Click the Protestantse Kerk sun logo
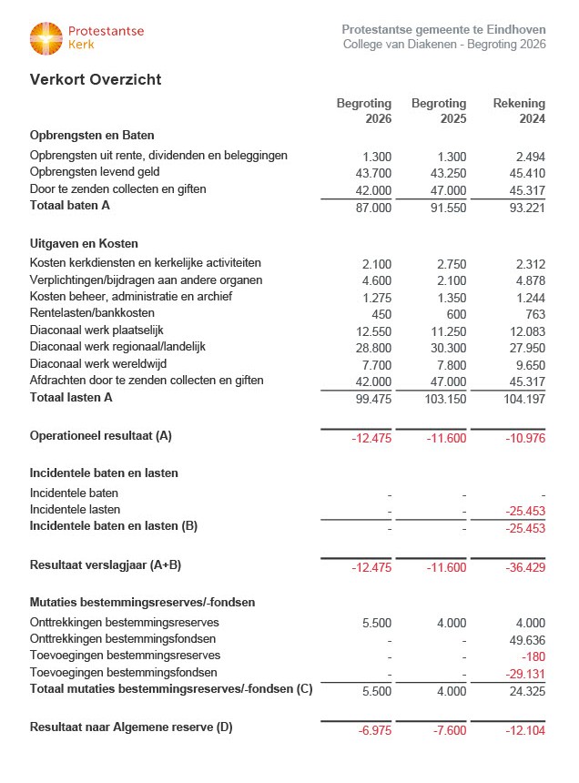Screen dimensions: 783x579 pyautogui.click(x=46, y=38)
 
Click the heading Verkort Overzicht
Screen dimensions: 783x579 pyautogui.click(x=96, y=80)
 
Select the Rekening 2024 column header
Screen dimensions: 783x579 pyautogui.click(x=519, y=111)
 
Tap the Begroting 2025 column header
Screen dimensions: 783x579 pyautogui.click(x=439, y=111)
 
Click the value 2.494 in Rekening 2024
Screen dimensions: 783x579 pyautogui.click(x=528, y=157)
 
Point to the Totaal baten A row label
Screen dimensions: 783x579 pyautogui.click(x=70, y=206)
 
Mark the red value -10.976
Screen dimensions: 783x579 pyautogui.click(x=524, y=438)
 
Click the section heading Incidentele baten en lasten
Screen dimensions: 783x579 pyautogui.click(x=104, y=473)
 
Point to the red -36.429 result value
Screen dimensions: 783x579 pyautogui.click(x=524, y=567)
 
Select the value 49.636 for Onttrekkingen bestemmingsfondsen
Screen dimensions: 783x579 pyautogui.click(x=526, y=639)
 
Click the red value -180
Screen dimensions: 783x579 pyautogui.click(x=533, y=656)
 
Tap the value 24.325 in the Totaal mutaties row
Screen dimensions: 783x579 pyautogui.click(x=526, y=691)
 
